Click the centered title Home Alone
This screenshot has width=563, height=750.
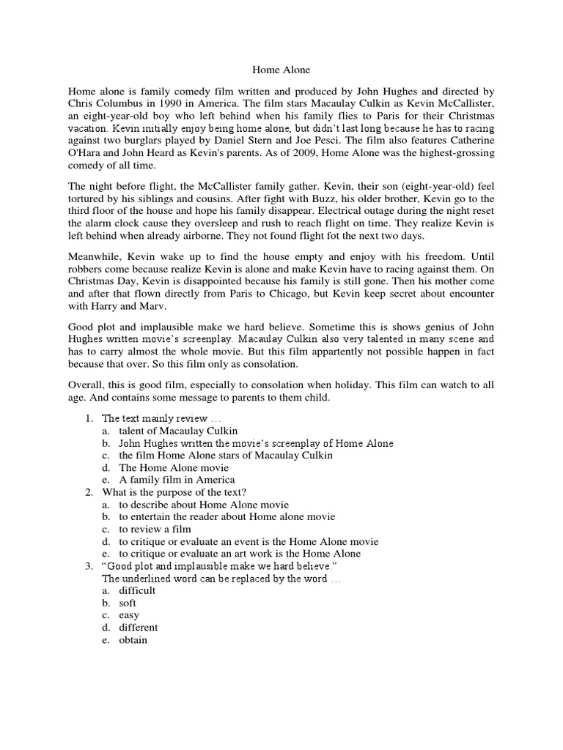tap(281, 70)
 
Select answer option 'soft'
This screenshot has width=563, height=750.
tap(128, 603)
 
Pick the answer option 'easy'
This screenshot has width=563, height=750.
tap(129, 615)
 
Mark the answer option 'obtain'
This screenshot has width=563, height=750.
tap(133, 640)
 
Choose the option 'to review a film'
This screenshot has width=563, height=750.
tap(155, 529)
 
